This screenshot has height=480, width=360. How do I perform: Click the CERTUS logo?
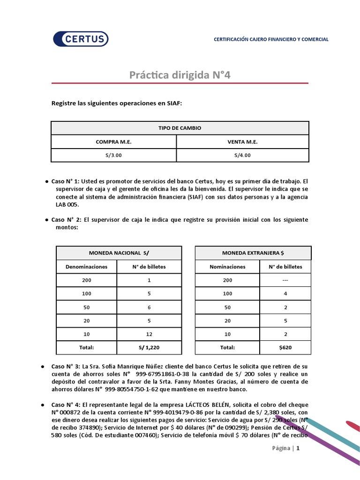(81, 39)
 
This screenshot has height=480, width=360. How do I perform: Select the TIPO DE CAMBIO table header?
(180, 128)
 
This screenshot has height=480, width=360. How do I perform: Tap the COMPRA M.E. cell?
(113, 142)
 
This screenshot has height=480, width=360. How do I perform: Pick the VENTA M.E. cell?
(242, 142)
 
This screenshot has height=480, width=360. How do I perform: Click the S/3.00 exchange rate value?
(113, 155)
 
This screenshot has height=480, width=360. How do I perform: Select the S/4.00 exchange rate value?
(242, 155)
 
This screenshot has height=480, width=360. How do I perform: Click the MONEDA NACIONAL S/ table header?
(119, 253)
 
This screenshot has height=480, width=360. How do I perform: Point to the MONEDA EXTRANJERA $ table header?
(253, 253)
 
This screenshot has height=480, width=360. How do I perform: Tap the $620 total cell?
(285, 347)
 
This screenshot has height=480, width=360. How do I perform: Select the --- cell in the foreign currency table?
(285, 280)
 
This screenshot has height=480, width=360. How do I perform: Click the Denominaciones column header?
(86, 267)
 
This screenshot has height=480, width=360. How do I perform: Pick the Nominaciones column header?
(227, 267)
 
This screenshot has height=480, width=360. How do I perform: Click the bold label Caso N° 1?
(66, 180)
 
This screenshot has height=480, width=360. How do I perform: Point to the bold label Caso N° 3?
(66, 366)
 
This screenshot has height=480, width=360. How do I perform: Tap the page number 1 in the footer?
(297, 448)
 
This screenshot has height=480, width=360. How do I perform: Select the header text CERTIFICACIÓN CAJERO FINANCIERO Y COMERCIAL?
(271, 39)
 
